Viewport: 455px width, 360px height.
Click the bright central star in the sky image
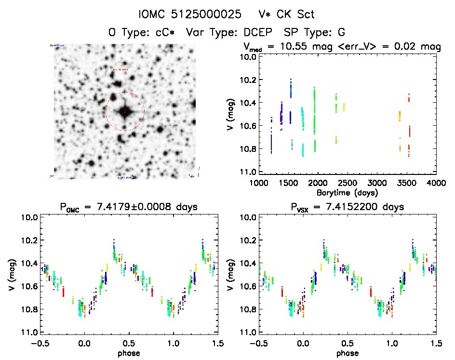pos(125,112)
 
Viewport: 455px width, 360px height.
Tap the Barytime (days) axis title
pos(347,192)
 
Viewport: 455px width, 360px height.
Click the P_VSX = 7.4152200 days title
pos(347,207)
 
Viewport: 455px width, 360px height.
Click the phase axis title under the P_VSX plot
pos(347,353)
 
